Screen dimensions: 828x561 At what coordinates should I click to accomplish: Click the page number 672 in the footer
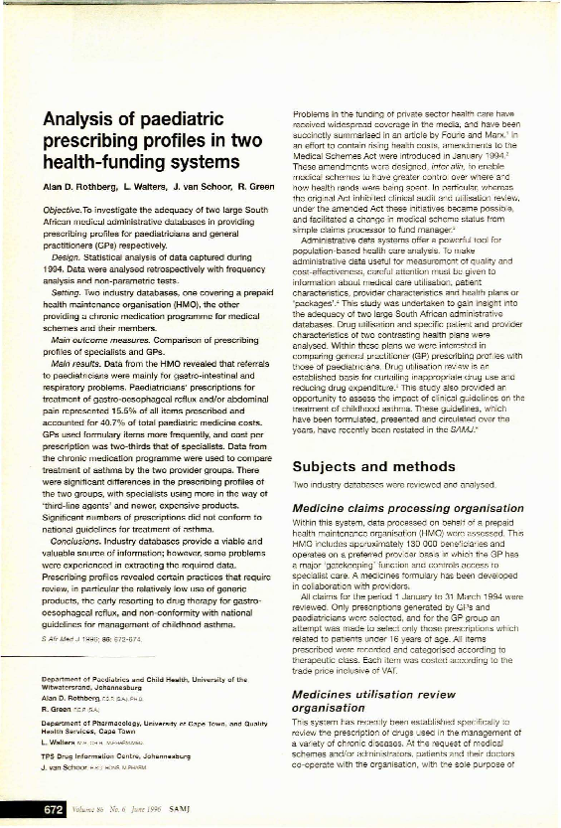(x=49, y=811)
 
